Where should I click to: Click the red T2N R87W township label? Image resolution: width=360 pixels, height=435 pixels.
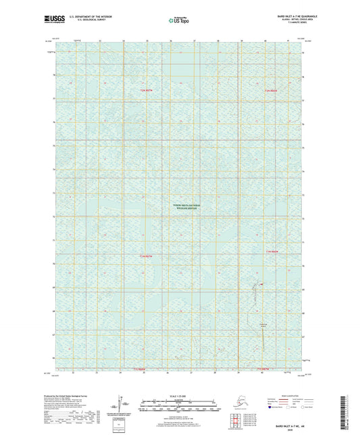pyautogui.click(x=147, y=90)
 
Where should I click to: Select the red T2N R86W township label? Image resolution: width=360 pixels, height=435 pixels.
pyautogui.click(x=272, y=90)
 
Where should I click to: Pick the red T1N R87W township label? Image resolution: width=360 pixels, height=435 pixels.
pyautogui.click(x=147, y=256)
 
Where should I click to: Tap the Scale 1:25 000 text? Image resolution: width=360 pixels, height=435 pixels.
pyautogui.click(x=180, y=394)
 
